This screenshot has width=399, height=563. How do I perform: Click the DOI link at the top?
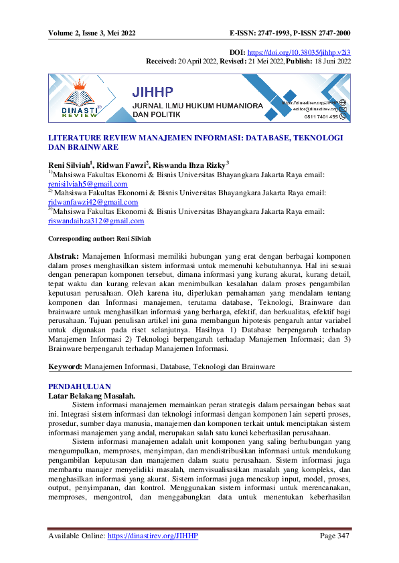309,51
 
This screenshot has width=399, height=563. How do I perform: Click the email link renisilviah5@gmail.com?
88,183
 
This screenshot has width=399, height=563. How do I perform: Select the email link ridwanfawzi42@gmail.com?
92,202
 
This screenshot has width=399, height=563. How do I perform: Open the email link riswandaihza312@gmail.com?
96,221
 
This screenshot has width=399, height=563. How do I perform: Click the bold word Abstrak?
64,256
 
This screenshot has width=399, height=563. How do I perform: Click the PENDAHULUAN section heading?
76,386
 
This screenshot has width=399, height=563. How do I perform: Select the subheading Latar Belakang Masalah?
92,396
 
